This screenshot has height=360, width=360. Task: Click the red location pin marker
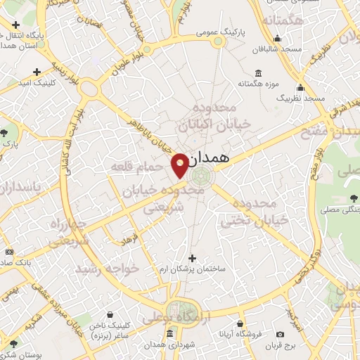[x=180, y=165]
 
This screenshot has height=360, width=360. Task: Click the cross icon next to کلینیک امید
[x=37, y=72]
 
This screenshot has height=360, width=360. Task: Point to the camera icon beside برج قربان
[x=281, y=334]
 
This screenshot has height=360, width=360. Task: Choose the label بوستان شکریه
[x=21, y=354]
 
